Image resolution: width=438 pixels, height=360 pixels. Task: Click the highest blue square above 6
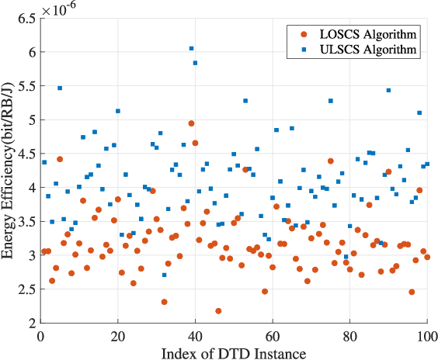point(191,48)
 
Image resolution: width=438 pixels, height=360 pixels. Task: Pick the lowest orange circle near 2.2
point(218,311)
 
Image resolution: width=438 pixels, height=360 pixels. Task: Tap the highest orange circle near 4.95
point(191,123)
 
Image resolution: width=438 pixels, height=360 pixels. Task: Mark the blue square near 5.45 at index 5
point(60,88)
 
